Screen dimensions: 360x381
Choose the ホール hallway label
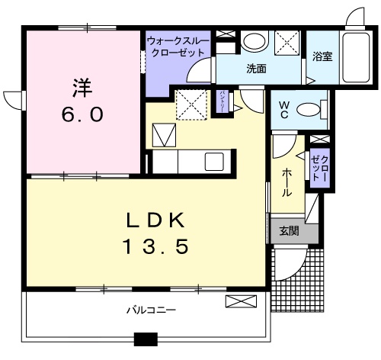(287, 182)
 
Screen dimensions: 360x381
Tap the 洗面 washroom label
(256, 69)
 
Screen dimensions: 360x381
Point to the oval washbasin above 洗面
(255, 41)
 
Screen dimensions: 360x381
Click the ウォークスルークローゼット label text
(175, 47)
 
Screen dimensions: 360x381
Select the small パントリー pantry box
(223, 101)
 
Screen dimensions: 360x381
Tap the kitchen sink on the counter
(213, 162)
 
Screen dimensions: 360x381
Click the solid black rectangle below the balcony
(145, 340)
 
